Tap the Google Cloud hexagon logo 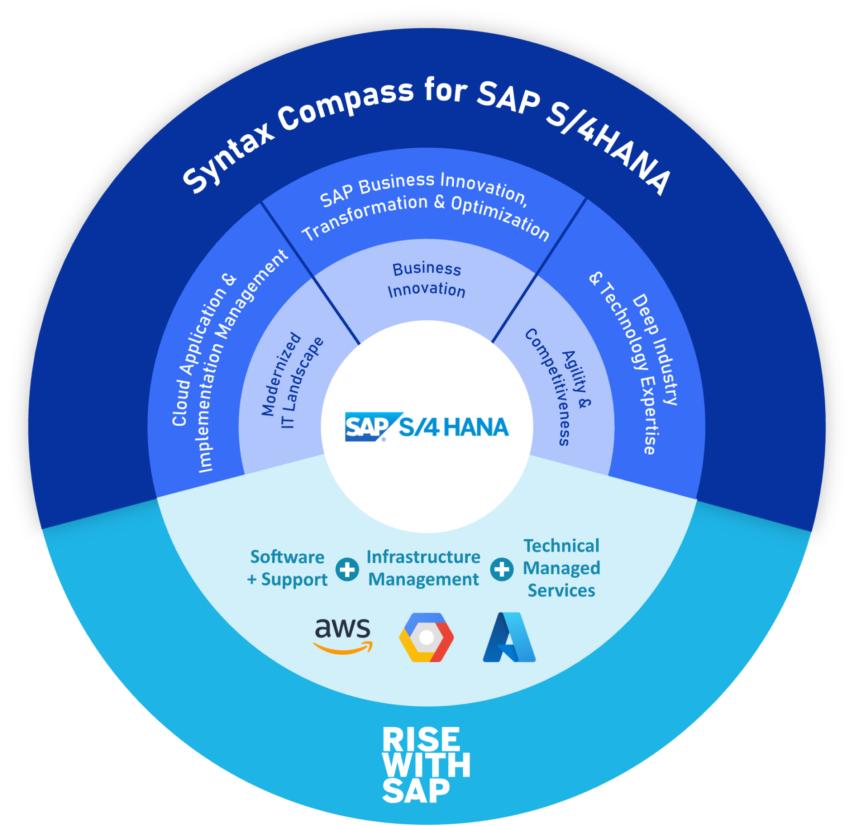[x=426, y=637]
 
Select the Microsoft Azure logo [x=509, y=637]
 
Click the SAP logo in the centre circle [x=367, y=427]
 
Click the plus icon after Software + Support [x=347, y=569]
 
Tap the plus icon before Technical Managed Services [x=502, y=569]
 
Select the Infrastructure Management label [x=423, y=568]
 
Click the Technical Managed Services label [x=561, y=568]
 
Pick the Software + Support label [x=287, y=568]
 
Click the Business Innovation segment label [x=427, y=279]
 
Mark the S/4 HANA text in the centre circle [x=453, y=427]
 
